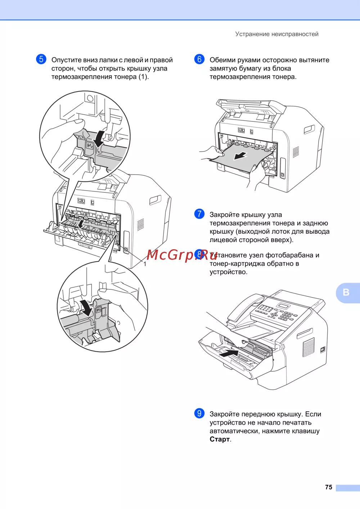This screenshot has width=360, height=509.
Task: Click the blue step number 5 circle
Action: tap(41, 59)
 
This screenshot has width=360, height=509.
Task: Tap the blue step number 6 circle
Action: tap(199, 59)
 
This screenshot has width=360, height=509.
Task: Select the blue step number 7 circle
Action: tap(199, 214)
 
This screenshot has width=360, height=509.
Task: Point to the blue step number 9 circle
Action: tap(199, 413)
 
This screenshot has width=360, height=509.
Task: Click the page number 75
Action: tap(329, 487)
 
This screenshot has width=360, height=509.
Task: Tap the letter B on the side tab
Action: tap(346, 292)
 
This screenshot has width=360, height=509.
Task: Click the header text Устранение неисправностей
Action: tap(276, 34)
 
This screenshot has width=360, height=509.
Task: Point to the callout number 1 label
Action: tap(145, 264)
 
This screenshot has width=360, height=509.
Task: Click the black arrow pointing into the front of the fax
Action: tap(229, 353)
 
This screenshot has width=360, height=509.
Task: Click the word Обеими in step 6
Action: tap(222, 60)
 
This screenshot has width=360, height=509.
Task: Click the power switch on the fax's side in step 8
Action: tap(323, 350)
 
